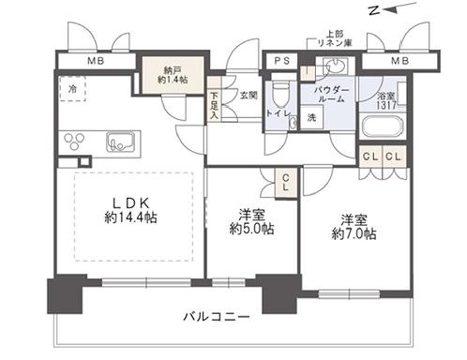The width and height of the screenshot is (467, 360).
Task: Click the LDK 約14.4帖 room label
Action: coord(130,211)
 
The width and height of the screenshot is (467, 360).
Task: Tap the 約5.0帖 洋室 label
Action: coord(252,222)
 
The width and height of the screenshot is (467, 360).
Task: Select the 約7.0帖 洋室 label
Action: coord(354,227)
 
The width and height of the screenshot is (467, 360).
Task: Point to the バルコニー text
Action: coord(217,317)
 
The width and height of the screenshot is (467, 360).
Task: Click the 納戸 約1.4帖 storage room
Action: coord(173,75)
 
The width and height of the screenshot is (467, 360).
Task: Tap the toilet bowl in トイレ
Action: coord(279,93)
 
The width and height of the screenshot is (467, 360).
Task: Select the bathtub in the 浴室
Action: coord(382,127)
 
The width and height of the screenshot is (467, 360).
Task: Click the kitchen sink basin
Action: coord(122,142)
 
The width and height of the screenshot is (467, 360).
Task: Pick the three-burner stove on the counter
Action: coord(74,141)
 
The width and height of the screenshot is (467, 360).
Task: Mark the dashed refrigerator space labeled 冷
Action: coord(72,89)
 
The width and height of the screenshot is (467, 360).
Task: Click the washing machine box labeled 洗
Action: coord(311,117)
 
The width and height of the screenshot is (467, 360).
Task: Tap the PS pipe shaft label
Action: coord(282,61)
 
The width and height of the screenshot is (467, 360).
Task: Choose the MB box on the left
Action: coord(96,61)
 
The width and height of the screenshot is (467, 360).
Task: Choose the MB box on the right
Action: coord(400,61)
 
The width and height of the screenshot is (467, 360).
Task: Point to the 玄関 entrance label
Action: coord(249,96)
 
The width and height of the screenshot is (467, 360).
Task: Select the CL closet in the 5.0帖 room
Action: coord(286,183)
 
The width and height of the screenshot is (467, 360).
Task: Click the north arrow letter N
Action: coord(374,11)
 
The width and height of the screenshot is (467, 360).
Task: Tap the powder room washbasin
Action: coord(336,67)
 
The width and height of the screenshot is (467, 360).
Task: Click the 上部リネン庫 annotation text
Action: coord(335,38)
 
